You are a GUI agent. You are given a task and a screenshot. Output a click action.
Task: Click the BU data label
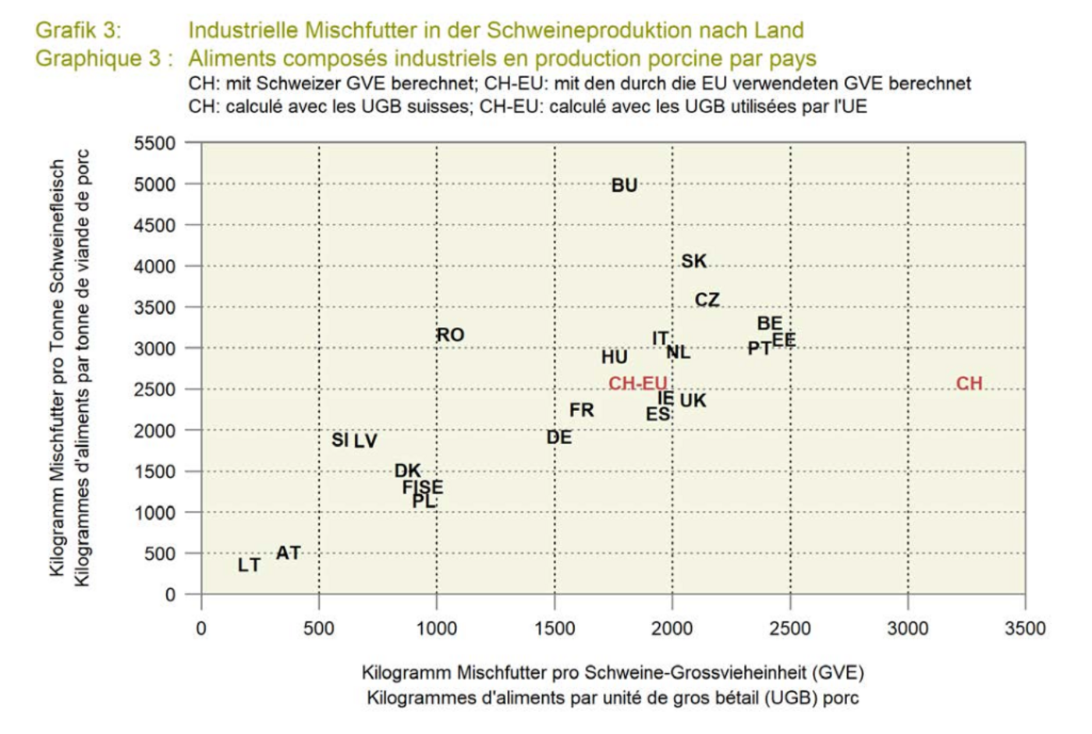[x=624, y=186]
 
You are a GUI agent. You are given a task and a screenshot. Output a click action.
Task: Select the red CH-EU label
[x=637, y=384]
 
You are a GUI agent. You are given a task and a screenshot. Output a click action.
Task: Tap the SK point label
[x=693, y=261]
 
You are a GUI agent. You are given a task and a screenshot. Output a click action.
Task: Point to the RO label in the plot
[x=450, y=335]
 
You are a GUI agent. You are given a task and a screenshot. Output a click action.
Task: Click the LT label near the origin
[x=249, y=565]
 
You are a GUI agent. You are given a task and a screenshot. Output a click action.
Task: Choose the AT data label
[x=288, y=553]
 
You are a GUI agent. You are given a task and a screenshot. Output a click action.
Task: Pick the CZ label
[x=707, y=300]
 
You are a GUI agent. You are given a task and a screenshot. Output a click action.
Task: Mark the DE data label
[x=558, y=438]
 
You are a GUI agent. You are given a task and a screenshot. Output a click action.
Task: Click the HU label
[x=614, y=357]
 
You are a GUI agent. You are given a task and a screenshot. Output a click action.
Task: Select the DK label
[x=407, y=471]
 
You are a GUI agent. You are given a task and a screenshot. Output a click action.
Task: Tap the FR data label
[x=581, y=410]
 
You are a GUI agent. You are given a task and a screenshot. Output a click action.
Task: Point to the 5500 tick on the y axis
[x=154, y=144]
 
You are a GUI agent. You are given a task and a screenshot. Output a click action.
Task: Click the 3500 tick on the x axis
[x=1024, y=629]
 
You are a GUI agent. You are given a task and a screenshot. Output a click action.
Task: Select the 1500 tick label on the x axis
[x=554, y=629]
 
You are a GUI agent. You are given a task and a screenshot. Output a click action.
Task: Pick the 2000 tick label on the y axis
[x=154, y=431]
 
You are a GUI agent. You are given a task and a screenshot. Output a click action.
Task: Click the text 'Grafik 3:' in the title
[x=78, y=30]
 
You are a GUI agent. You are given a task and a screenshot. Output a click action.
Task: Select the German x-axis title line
[x=612, y=672]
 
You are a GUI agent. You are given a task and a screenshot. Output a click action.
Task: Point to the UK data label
[x=693, y=401]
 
